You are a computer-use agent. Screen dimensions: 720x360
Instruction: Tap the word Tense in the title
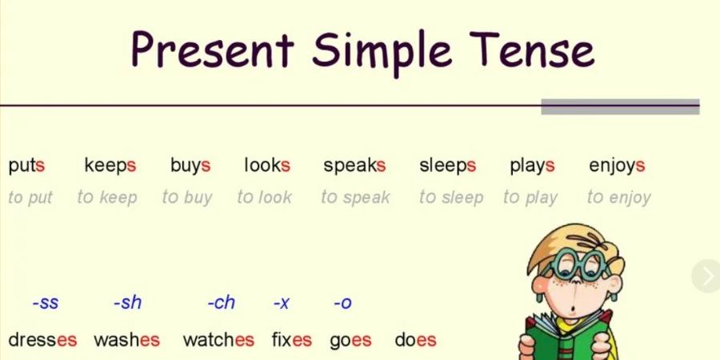532,49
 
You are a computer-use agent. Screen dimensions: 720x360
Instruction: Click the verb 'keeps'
110,166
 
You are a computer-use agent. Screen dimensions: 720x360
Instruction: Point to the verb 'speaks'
354,166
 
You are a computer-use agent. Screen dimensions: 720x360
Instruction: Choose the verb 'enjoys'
617,166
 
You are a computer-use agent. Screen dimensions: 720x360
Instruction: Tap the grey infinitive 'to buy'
187,198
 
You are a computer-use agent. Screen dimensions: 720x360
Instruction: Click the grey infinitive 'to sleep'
451,198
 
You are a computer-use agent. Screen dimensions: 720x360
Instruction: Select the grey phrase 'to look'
264,197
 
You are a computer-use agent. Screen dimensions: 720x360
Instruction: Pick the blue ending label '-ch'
222,302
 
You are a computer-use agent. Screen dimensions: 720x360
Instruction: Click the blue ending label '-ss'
46,303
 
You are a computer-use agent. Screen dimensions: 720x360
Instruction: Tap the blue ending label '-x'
281,303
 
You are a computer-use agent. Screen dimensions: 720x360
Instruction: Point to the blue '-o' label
342,303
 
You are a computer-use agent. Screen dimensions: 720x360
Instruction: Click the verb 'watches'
218,340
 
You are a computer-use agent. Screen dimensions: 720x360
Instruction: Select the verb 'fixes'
291,340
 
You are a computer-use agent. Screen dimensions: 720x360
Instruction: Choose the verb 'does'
415,340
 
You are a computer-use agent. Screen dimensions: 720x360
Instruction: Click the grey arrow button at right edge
706,276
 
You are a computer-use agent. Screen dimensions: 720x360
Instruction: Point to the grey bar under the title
620,106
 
